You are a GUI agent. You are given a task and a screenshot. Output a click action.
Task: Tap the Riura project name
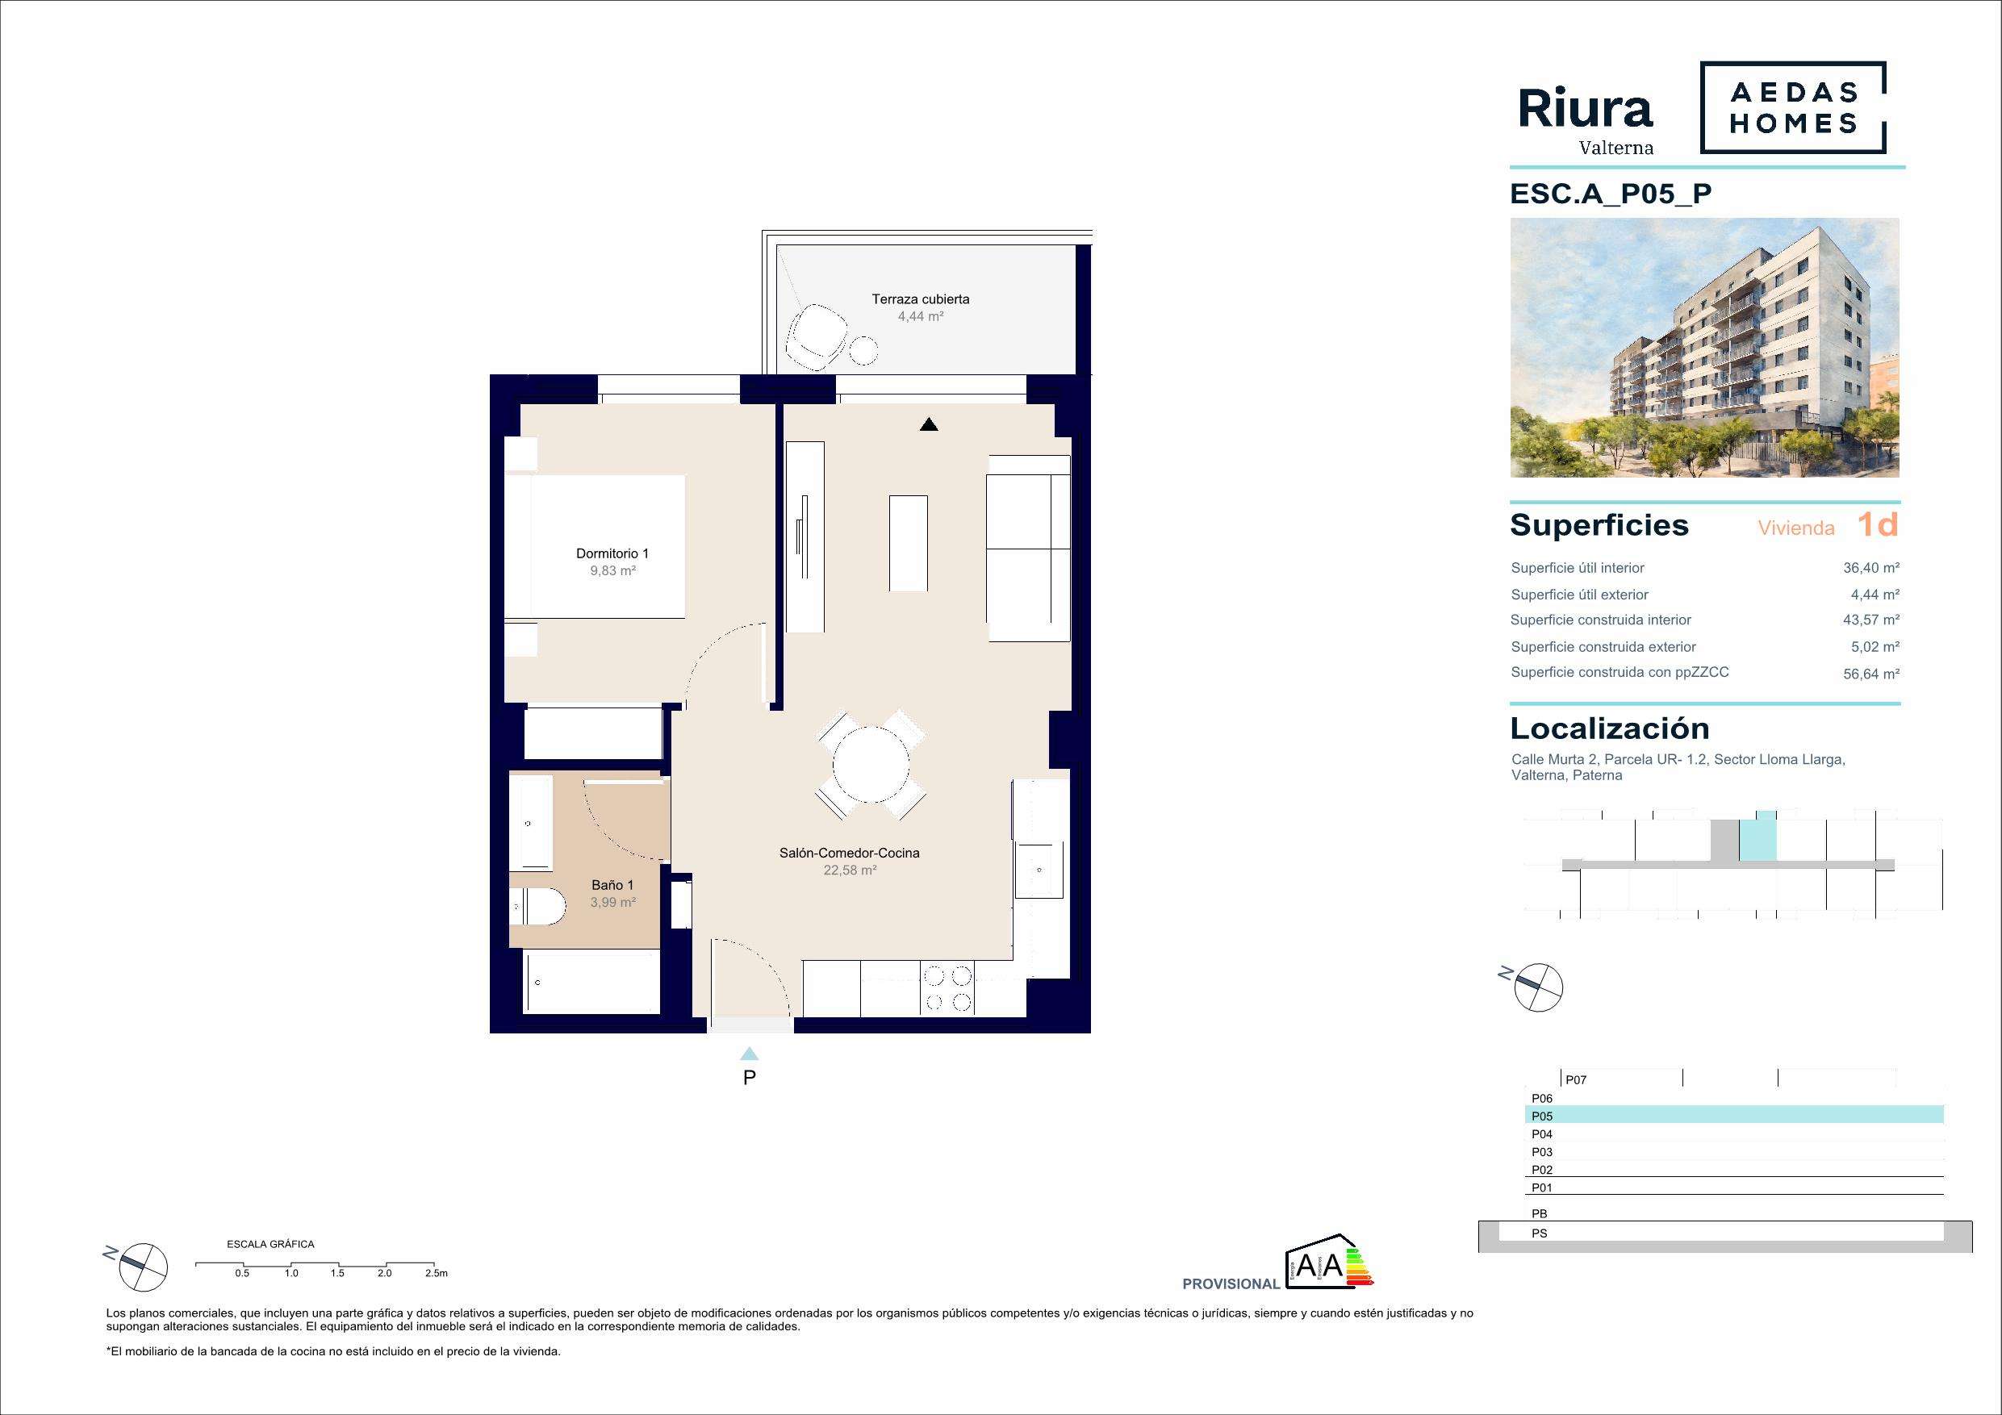pos(1585,111)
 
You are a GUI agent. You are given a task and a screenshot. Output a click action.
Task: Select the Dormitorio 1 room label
pos(612,553)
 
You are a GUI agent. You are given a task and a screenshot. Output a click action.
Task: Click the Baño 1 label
pos(612,885)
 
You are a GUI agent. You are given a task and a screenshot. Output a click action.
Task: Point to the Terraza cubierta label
pos(920,299)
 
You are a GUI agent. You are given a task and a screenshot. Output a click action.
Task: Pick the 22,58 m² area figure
pos(849,870)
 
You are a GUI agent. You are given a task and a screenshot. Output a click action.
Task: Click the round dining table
pos(870,766)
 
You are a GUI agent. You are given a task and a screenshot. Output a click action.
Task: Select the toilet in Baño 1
pos(539,908)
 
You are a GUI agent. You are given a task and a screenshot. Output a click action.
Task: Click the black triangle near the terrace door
pos(930,424)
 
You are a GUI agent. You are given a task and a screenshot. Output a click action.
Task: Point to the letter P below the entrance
pos(749,1078)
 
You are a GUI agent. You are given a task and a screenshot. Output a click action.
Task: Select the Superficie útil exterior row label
pos(1579,595)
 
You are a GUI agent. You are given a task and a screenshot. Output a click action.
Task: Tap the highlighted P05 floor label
pos(1541,1116)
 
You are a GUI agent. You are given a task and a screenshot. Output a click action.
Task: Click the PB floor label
pos(1539,1213)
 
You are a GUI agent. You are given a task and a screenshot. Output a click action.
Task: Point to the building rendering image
pos(1705,348)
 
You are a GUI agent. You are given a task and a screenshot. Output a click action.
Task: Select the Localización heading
pos(1610,728)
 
